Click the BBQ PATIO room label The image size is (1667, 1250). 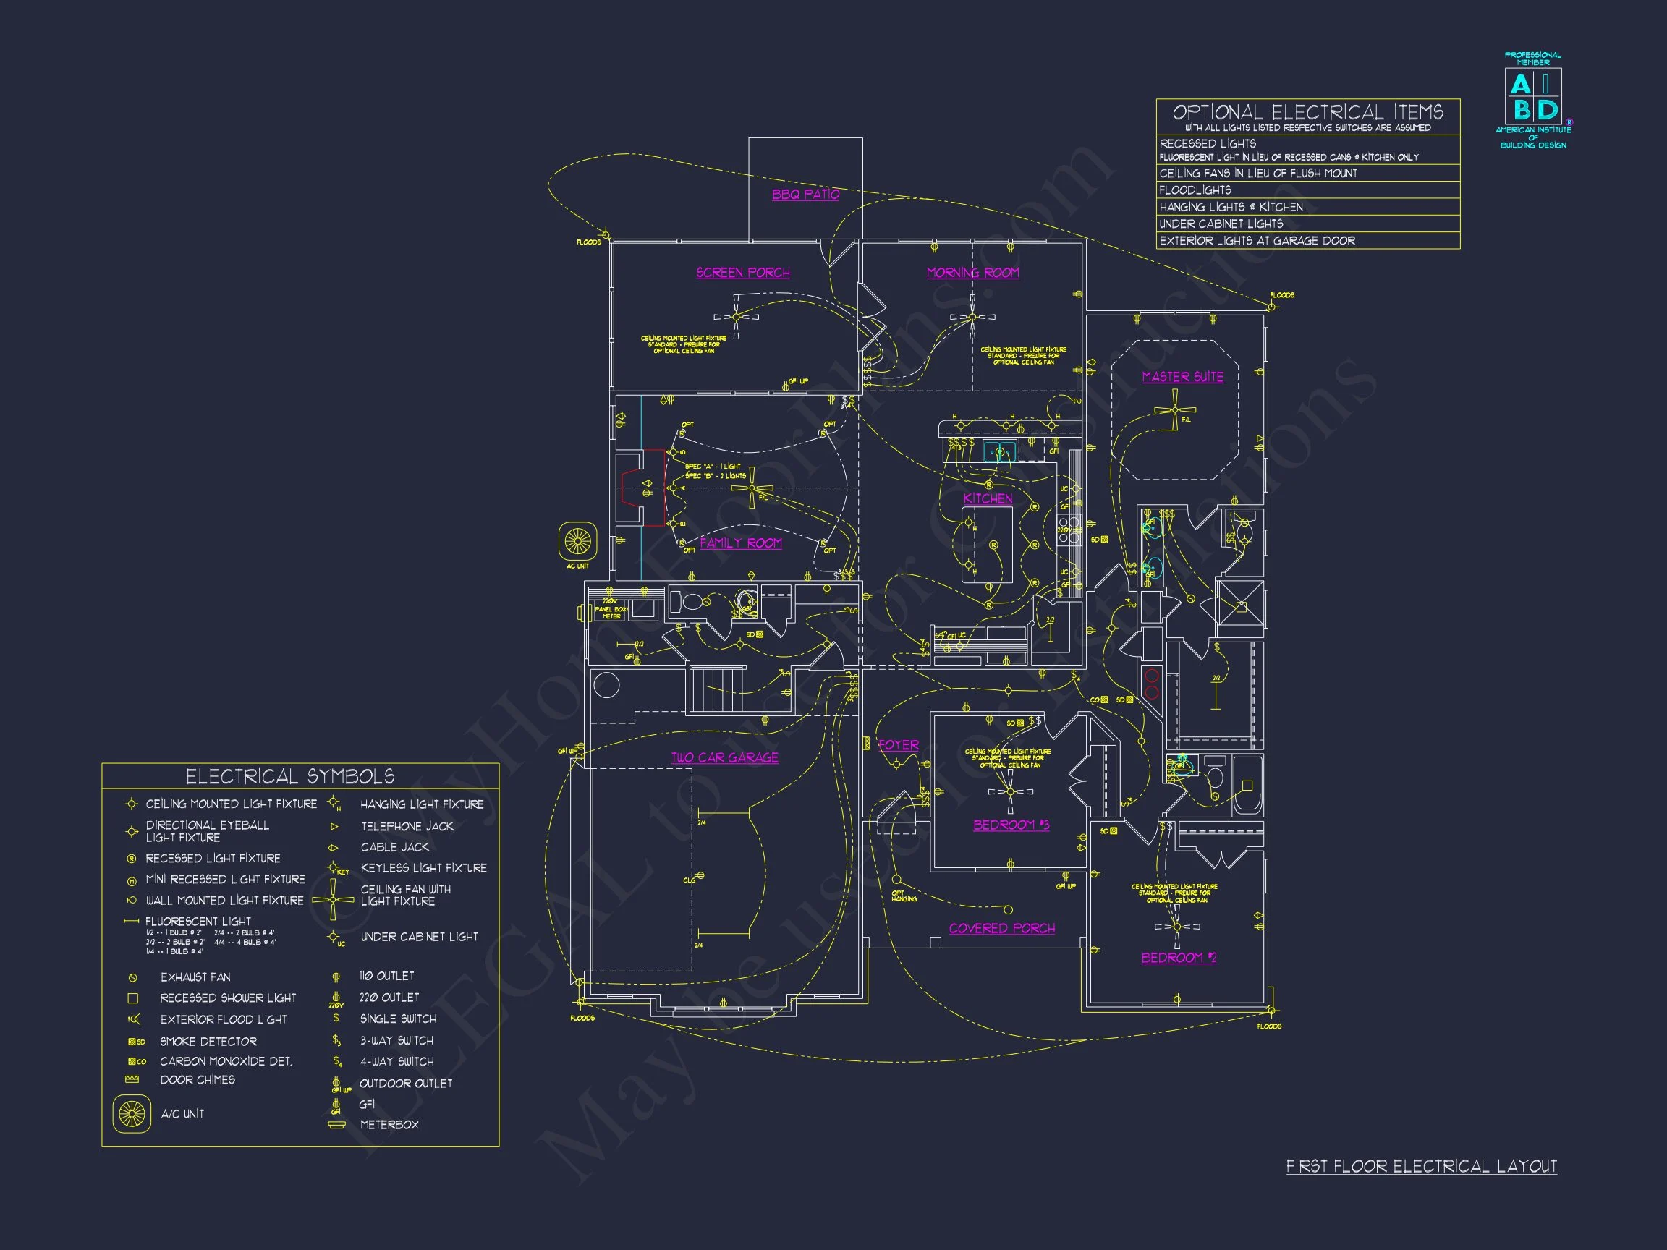[805, 195]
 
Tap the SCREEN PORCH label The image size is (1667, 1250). [742, 273]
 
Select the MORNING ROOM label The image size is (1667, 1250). [972, 273]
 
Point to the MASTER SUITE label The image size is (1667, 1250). [1182, 377]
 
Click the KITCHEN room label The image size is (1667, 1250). [987, 499]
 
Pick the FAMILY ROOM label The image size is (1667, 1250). [740, 543]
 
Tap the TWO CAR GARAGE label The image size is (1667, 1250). [724, 757]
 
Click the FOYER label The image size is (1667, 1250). [898, 745]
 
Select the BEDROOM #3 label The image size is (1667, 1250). [1011, 825]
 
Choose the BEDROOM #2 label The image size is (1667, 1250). [1178, 958]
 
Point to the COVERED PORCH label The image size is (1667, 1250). [1001, 928]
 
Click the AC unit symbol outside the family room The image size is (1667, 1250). [577, 540]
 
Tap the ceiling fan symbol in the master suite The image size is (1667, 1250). [1174, 412]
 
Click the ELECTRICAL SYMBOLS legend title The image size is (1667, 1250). [290, 777]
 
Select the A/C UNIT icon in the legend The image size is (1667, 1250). [131, 1113]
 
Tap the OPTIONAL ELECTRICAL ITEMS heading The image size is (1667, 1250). [1307, 113]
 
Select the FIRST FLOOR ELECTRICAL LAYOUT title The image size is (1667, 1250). [1420, 1166]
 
